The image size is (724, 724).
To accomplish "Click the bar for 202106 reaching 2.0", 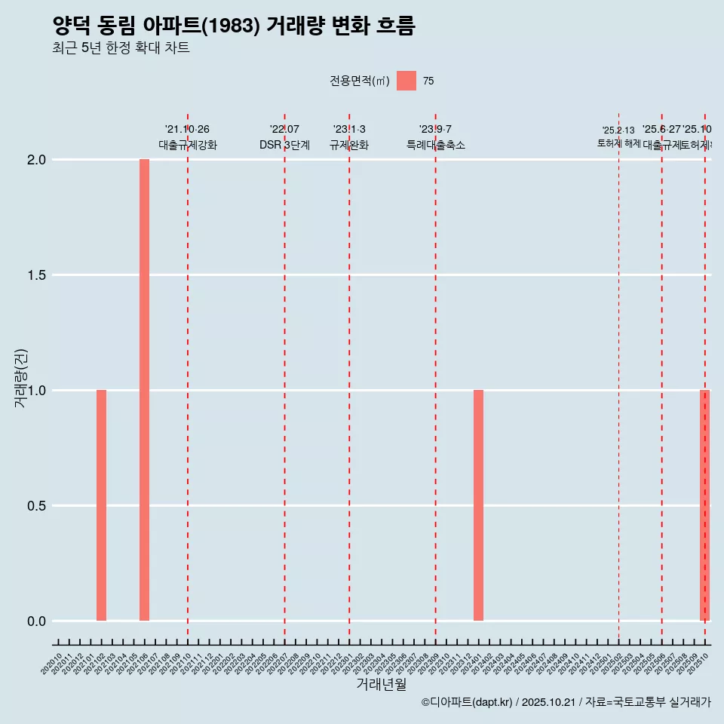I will click(x=144, y=390).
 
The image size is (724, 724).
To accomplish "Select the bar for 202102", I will click(x=101, y=505).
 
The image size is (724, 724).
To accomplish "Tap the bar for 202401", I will click(x=478, y=505).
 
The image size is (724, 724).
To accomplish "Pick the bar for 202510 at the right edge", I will click(x=704, y=505).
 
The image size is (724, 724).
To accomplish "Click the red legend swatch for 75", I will click(x=406, y=81).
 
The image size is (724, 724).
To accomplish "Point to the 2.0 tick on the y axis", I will click(x=37, y=160).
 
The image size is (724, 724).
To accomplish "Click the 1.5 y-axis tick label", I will click(x=37, y=275).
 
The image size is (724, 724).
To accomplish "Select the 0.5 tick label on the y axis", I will click(x=37, y=506).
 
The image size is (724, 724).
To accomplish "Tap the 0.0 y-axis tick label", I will click(x=37, y=621).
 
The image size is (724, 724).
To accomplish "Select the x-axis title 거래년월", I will click(x=381, y=685).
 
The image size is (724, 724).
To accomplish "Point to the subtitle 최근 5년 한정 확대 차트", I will click(x=121, y=48).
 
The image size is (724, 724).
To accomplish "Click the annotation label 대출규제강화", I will click(x=188, y=145).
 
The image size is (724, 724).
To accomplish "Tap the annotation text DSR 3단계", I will click(x=284, y=145).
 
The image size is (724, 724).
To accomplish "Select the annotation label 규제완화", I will click(x=349, y=145).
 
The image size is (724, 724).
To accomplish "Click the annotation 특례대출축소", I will click(x=435, y=145).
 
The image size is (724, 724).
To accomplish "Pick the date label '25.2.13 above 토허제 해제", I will click(x=618, y=130).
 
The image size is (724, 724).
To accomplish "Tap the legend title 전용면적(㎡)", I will click(x=359, y=81).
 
